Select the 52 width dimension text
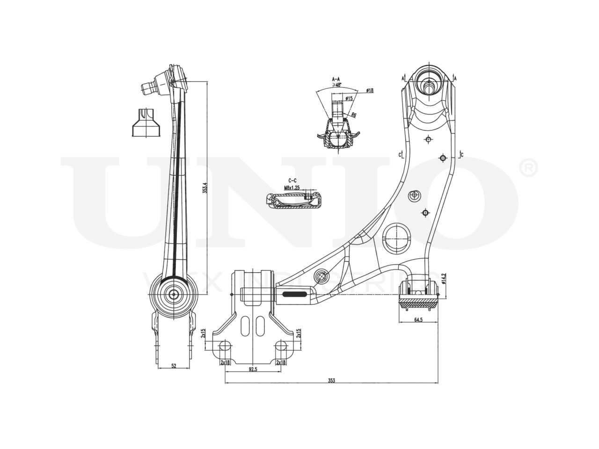(x=174, y=366)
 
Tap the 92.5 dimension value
(x=253, y=369)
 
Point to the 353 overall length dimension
(x=331, y=380)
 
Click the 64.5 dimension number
(x=418, y=320)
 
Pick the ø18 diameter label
(x=369, y=90)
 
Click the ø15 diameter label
(x=349, y=99)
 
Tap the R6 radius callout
(x=353, y=115)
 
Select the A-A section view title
(x=336, y=79)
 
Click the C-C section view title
(x=293, y=181)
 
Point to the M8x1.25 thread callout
(x=292, y=188)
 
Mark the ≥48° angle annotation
(x=336, y=85)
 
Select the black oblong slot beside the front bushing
(x=294, y=294)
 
